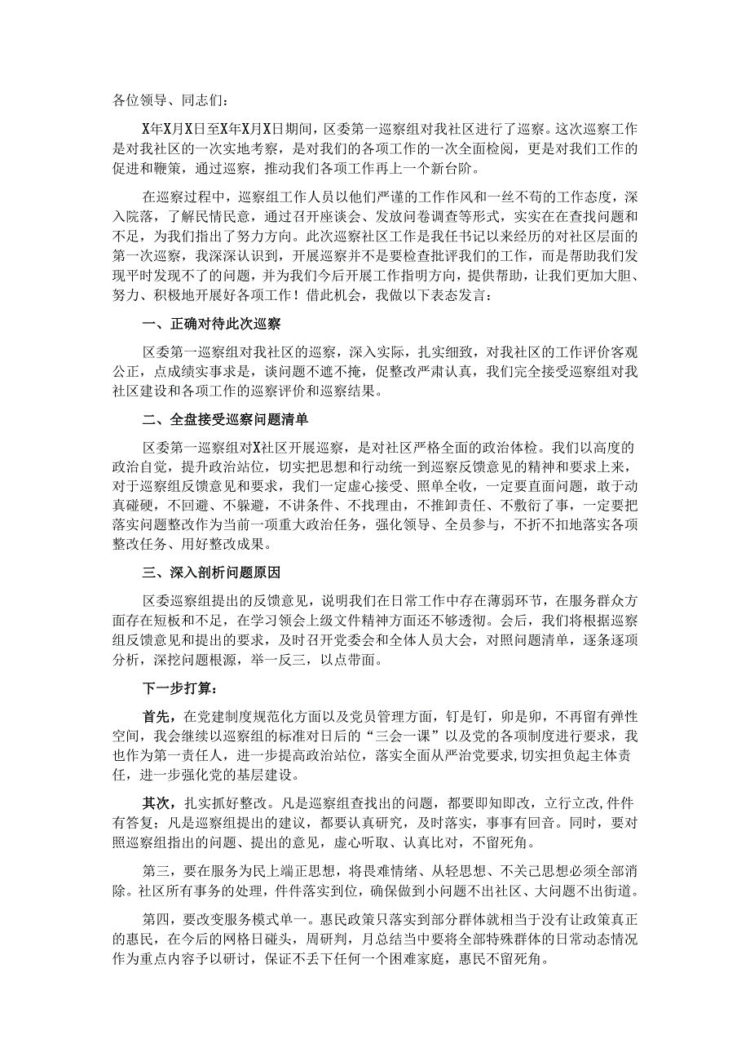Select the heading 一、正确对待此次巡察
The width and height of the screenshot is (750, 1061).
211,324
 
